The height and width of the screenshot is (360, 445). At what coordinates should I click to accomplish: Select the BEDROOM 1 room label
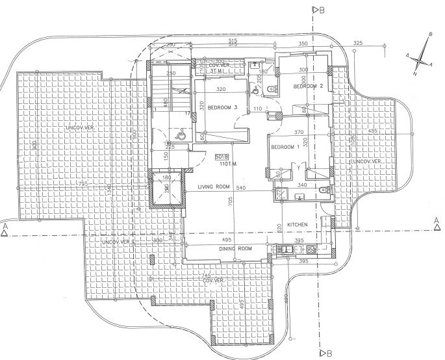click(285, 147)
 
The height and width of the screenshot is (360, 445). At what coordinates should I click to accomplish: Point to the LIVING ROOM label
click(214, 187)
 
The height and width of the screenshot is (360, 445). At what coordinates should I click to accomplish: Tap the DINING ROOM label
click(235, 249)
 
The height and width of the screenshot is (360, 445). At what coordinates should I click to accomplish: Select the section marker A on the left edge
click(5, 228)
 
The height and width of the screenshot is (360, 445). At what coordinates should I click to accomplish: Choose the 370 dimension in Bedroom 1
click(299, 133)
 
